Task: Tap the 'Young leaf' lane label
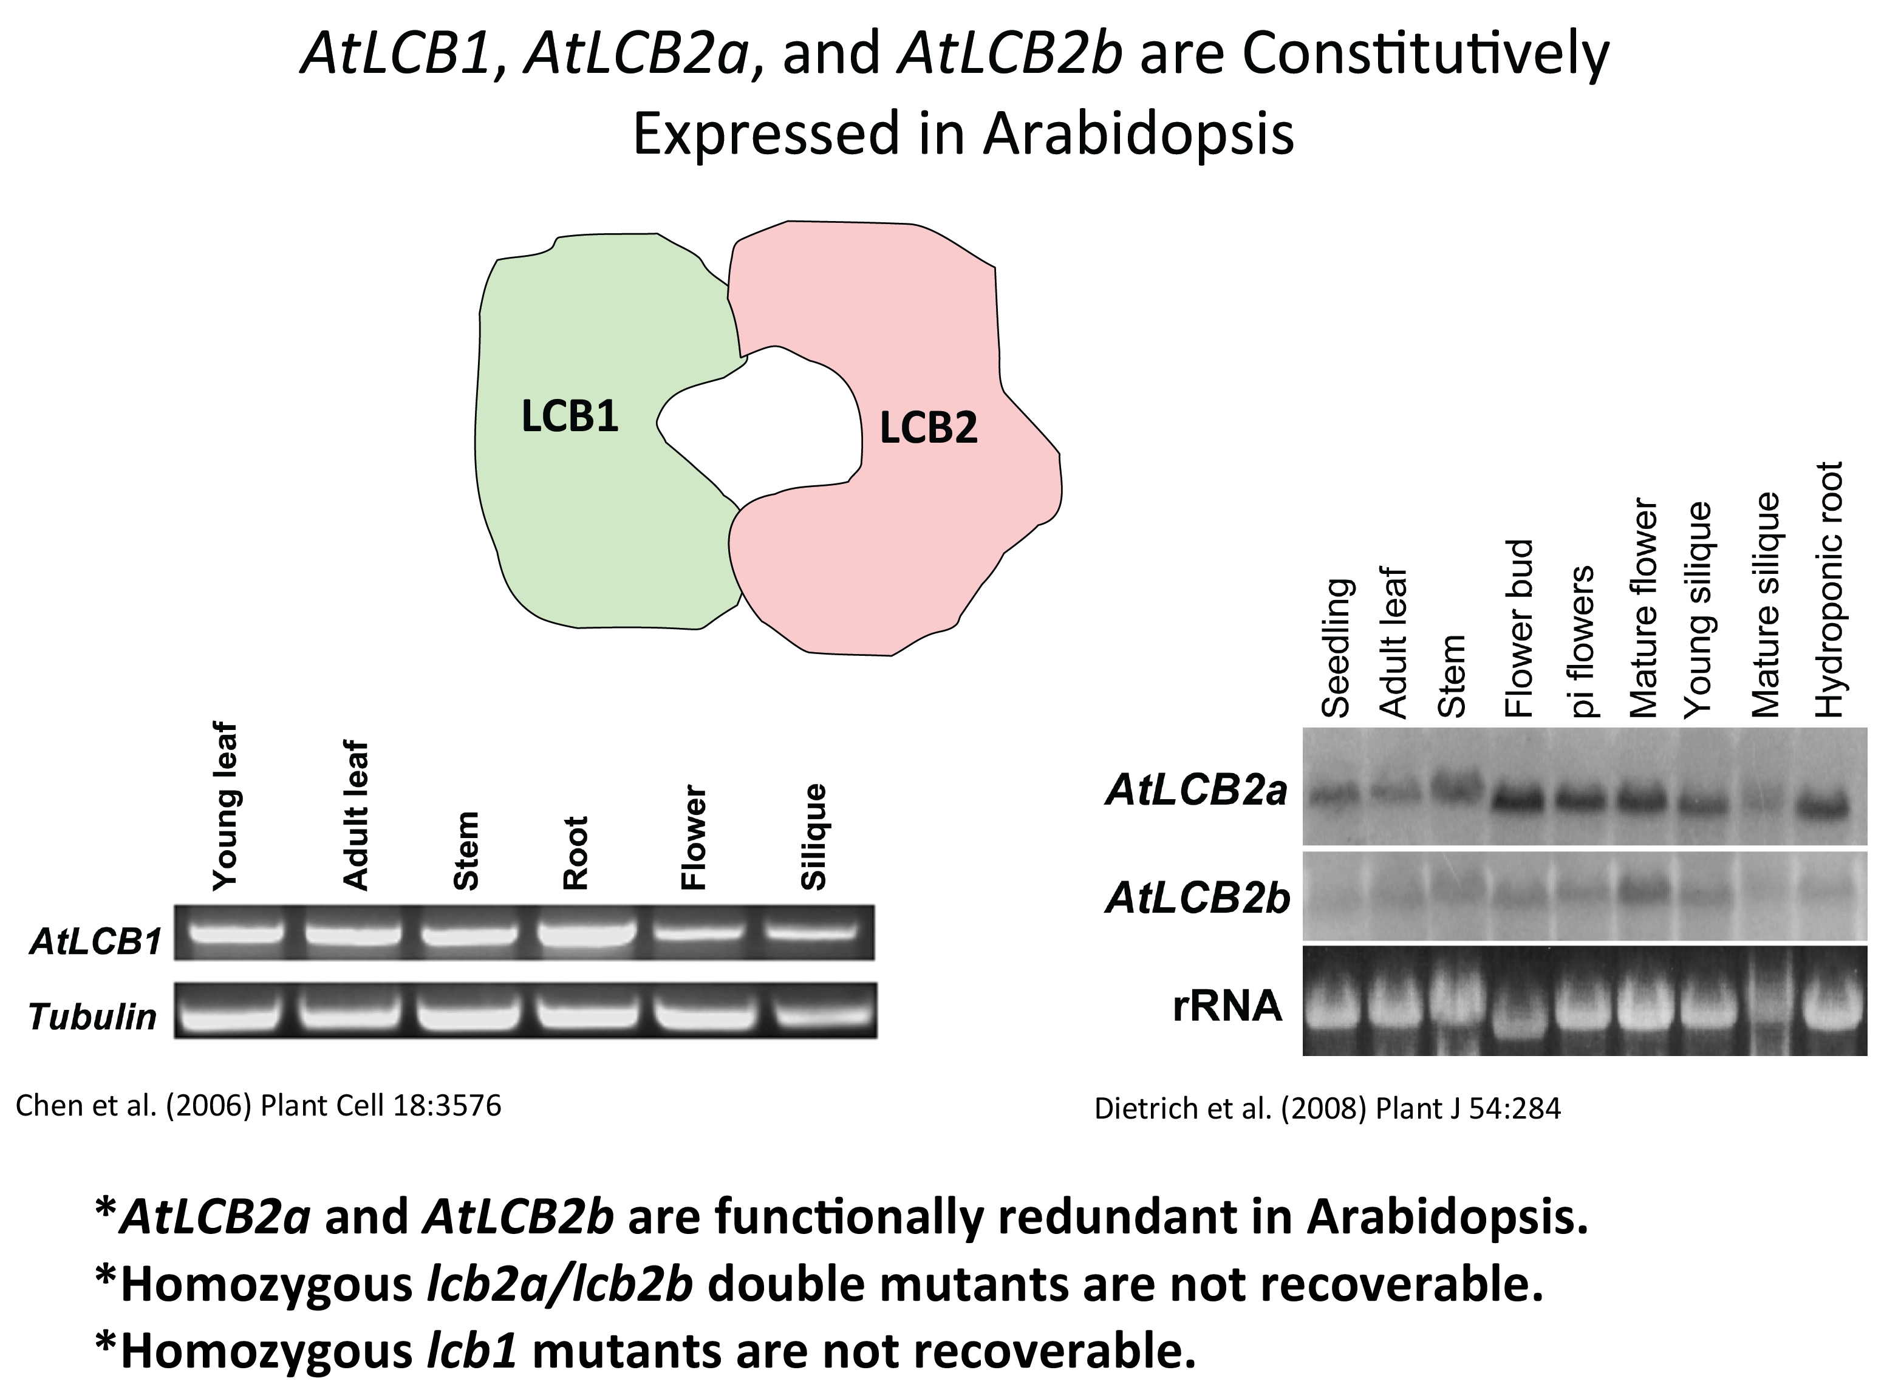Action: tap(225, 806)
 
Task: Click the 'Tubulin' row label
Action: tap(92, 1017)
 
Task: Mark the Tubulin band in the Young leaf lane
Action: tap(229, 1016)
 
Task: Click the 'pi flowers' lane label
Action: tap(1581, 642)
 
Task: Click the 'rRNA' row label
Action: tap(1227, 1005)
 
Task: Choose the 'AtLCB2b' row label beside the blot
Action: tap(1197, 898)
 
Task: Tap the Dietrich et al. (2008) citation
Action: tap(1326, 1109)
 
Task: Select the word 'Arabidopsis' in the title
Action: tap(1138, 134)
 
